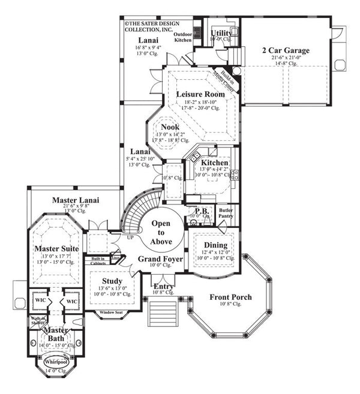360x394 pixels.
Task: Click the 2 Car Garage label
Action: [x=286, y=50]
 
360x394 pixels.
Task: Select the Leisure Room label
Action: [x=200, y=94]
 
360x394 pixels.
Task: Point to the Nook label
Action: [x=171, y=127]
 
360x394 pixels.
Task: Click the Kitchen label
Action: [x=214, y=163]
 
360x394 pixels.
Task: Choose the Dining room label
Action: [x=215, y=245]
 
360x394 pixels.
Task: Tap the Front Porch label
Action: [x=230, y=297]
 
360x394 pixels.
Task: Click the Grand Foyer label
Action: [x=157, y=259]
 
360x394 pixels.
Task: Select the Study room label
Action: [x=112, y=281]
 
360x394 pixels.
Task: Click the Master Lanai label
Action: [x=76, y=200]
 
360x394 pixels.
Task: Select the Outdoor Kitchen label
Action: [x=183, y=37]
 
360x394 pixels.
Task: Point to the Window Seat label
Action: [x=111, y=312]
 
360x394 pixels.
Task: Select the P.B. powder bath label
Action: [x=201, y=210]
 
